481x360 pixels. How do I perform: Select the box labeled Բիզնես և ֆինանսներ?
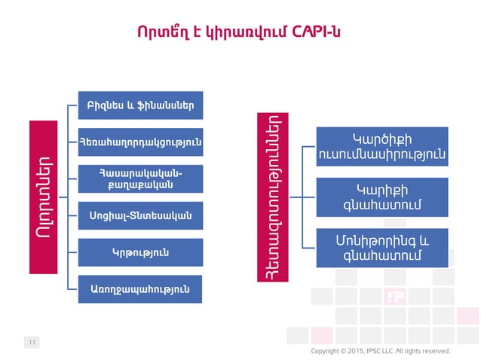pos(141,105)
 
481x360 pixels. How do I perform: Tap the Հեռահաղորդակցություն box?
pos(141,141)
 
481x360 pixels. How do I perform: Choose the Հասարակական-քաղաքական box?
pos(141,178)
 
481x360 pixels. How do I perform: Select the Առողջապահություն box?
pos(141,288)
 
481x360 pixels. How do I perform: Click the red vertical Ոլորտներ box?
pos(44,197)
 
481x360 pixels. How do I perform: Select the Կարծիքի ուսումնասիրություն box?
pos(381,147)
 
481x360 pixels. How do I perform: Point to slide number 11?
pos(32,343)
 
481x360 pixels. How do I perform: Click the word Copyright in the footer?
pos(325,350)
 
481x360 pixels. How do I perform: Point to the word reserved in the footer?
pos(436,350)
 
